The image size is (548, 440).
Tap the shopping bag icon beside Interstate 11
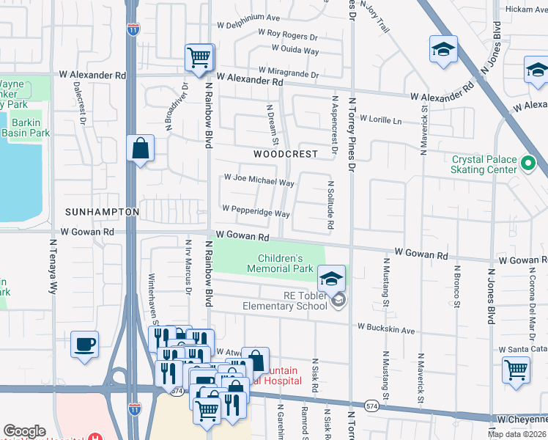point(139,149)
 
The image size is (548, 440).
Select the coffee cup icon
point(85,344)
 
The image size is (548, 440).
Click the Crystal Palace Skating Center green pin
point(527,164)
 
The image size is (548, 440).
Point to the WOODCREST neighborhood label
point(286,154)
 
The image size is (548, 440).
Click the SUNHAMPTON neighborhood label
point(102,211)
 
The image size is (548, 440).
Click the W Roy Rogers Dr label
point(287,35)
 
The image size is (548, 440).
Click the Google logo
point(24,431)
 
